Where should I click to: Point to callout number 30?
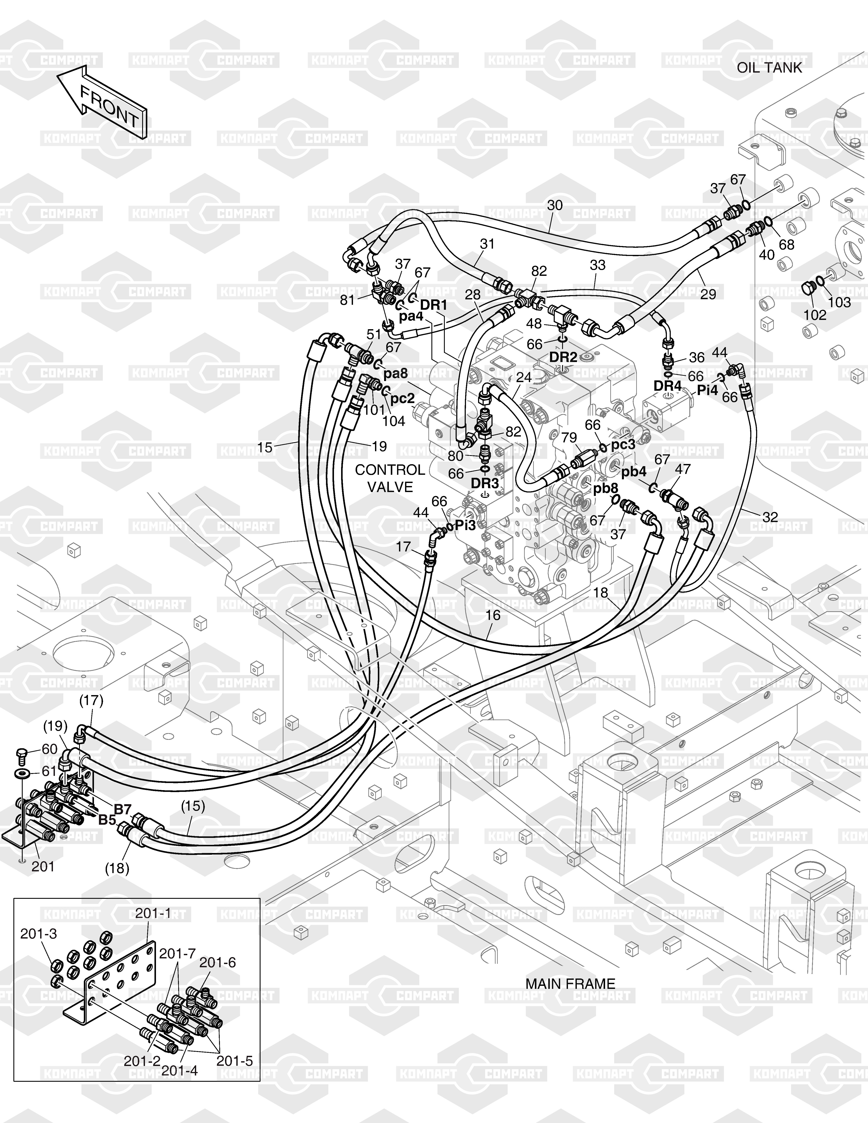tap(555, 205)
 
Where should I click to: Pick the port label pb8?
tap(605, 488)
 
